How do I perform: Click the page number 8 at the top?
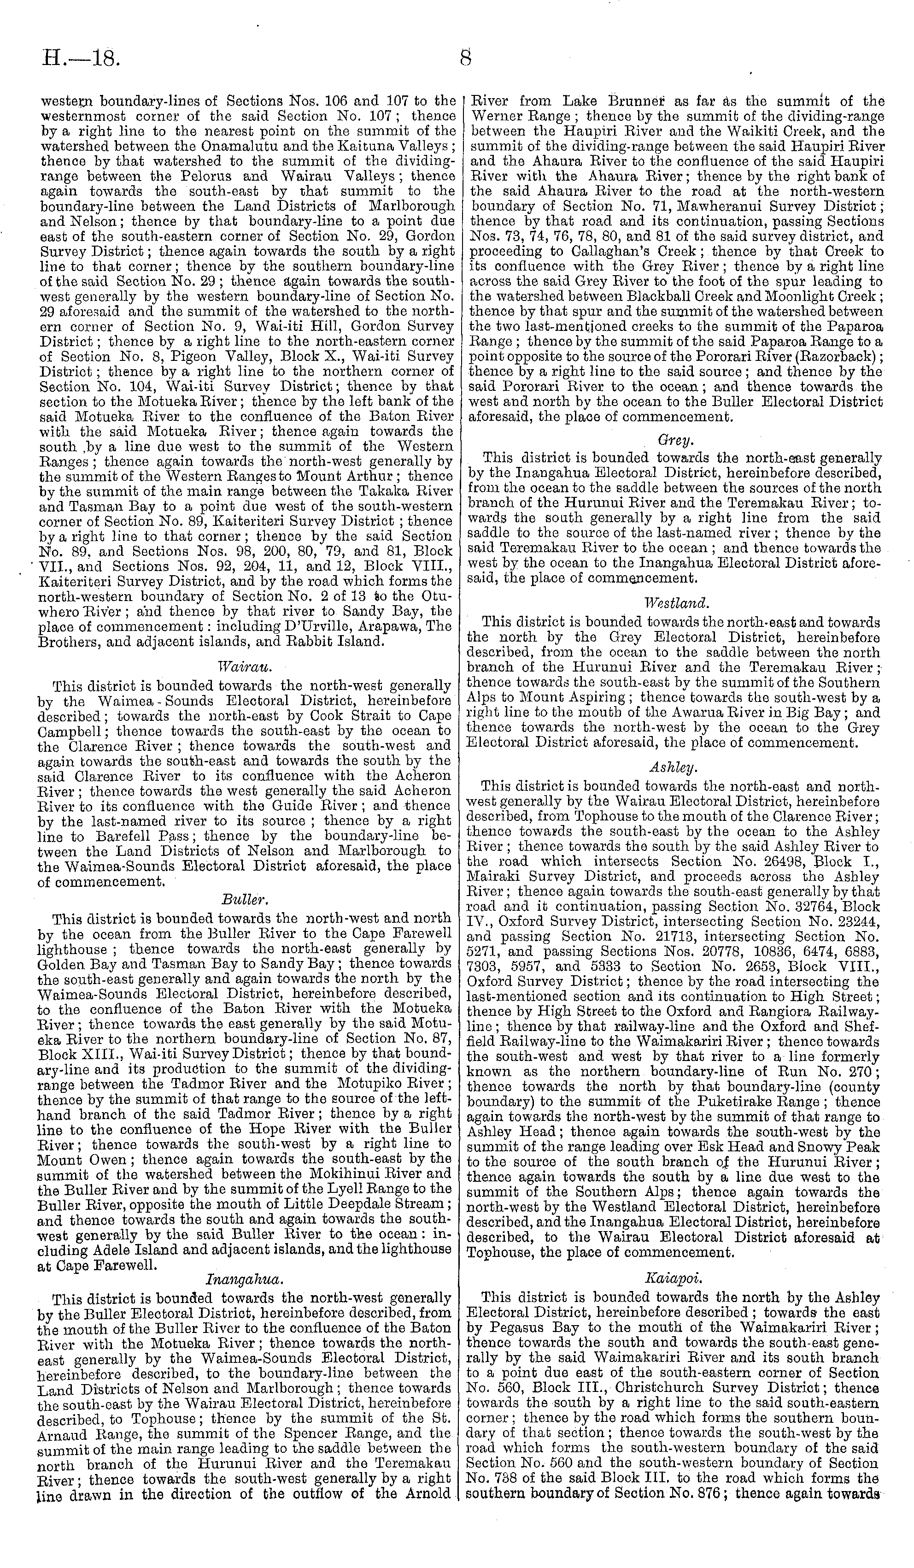coord(466,58)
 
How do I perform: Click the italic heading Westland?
coord(676,603)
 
